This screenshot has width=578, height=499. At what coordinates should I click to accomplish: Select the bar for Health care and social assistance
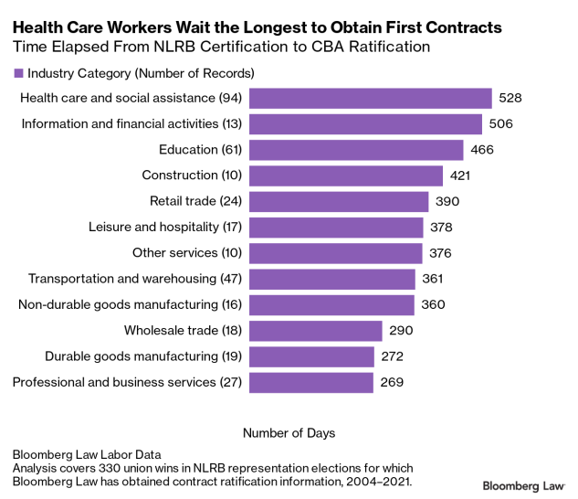[x=371, y=98]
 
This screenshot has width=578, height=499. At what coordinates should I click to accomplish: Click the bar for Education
[x=356, y=150]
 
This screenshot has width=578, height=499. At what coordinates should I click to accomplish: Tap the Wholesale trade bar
[x=315, y=331]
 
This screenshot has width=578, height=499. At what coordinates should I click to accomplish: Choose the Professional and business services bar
[x=310, y=382]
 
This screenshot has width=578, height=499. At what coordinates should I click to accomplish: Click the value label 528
[x=510, y=98]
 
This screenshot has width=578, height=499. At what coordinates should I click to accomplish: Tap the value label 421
[x=459, y=175]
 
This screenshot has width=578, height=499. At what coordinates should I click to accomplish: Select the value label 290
[x=399, y=331]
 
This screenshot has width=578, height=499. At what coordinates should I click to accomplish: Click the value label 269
[x=391, y=382]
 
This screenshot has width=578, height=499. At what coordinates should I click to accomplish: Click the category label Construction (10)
[x=192, y=175]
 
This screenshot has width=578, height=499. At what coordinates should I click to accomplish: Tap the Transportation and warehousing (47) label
[x=134, y=279]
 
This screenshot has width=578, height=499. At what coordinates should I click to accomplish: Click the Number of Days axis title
[x=289, y=431]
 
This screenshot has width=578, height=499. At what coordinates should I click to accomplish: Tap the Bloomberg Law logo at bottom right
[x=523, y=483]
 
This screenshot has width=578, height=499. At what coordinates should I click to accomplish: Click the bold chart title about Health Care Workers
[x=257, y=28]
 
